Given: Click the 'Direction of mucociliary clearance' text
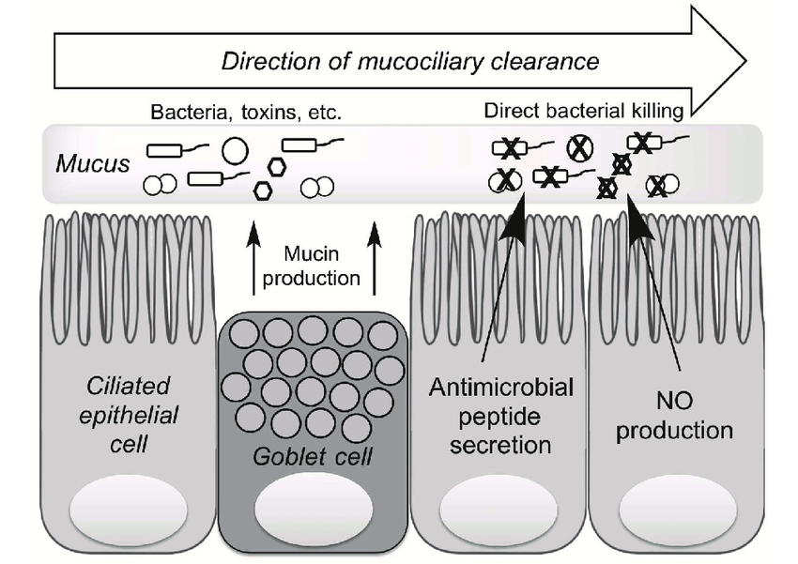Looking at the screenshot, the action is [410, 62].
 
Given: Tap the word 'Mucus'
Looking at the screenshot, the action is [93, 164].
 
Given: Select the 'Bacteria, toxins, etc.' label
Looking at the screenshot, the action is [246, 112].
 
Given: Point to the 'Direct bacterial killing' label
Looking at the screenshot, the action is [583, 111].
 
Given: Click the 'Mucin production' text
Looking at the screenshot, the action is [312, 266].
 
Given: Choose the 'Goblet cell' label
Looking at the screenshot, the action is [313, 457].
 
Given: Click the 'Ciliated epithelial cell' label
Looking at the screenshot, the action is [129, 415].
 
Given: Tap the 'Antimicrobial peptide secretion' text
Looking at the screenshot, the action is [500, 416].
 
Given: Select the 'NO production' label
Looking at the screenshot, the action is [674, 416].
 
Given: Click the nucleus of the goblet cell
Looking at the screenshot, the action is [314, 511].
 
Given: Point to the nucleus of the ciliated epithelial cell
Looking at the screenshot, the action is [129, 511].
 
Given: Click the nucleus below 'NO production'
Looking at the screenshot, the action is [678, 511].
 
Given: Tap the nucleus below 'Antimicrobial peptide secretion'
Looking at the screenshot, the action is [499, 511].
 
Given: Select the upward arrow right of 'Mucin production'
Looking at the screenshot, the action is [375, 258].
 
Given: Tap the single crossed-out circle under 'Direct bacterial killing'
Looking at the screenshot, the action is [580, 148].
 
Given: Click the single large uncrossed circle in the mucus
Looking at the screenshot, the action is [235, 151].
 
